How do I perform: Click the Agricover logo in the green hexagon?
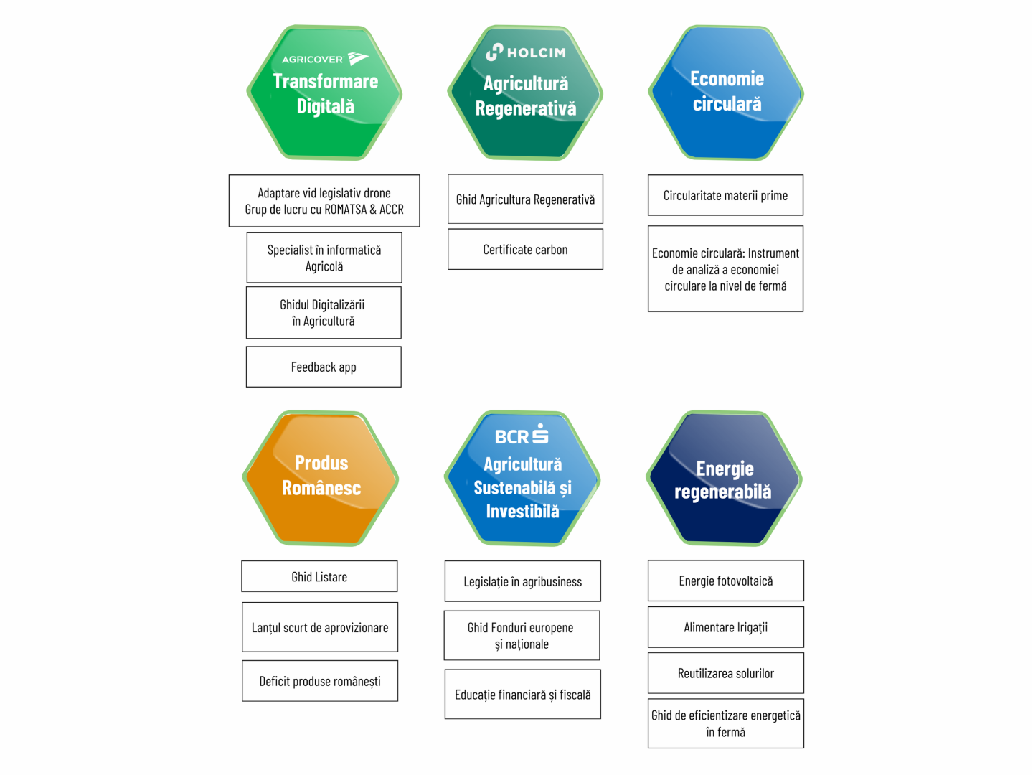(x=325, y=59)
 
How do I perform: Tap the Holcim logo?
(x=526, y=52)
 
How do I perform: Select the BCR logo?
(x=522, y=435)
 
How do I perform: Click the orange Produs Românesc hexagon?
(x=321, y=478)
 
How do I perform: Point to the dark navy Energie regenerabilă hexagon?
(x=724, y=478)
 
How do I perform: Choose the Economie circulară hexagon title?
(x=727, y=91)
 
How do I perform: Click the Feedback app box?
(x=324, y=367)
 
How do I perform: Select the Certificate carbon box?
(x=525, y=250)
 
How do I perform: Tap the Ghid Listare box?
(x=319, y=576)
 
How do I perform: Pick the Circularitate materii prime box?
(x=726, y=195)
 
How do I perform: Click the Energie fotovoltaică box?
(x=726, y=581)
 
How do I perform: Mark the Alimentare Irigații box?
(x=726, y=627)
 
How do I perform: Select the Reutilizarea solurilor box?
(x=726, y=673)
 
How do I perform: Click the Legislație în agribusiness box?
(x=523, y=581)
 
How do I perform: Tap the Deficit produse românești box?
(x=320, y=681)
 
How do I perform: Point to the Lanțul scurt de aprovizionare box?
(x=320, y=627)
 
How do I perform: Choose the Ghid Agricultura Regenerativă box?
(x=525, y=199)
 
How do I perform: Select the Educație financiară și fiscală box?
(x=523, y=694)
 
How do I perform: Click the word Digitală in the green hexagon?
(x=325, y=107)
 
